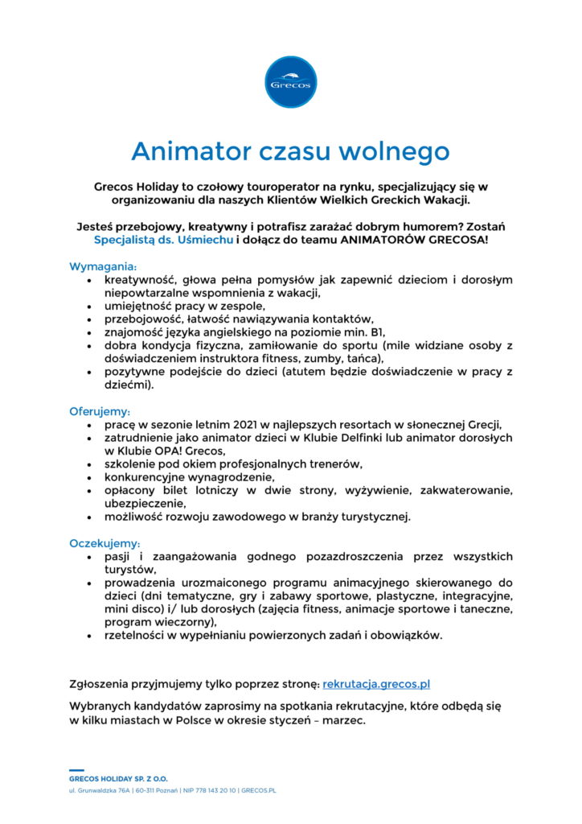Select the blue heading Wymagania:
tap(104, 266)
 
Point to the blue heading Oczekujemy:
tap(105, 543)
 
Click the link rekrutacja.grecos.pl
tap(376, 685)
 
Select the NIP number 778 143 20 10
tap(210, 791)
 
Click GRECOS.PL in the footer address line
tap(259, 791)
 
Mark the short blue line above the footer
tap(76, 770)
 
